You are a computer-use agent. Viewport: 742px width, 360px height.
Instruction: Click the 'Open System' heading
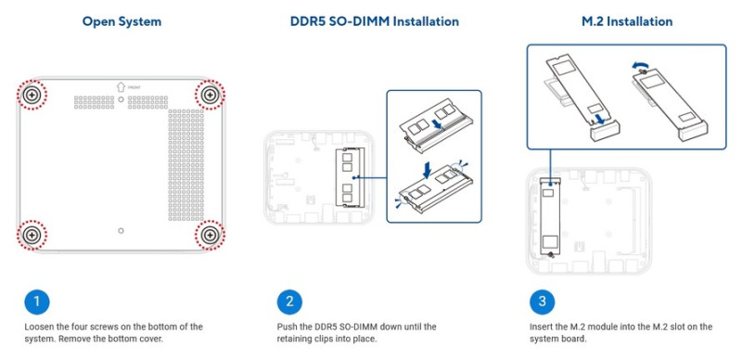pyautogui.click(x=122, y=21)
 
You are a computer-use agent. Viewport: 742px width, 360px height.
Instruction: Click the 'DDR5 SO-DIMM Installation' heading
pyautogui.click(x=375, y=21)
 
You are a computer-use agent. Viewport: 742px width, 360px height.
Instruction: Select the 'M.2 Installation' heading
pyautogui.click(x=627, y=21)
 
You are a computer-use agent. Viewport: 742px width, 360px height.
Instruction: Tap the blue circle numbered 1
pyautogui.click(x=36, y=302)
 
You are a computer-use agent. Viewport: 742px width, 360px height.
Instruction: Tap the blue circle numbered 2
pyautogui.click(x=289, y=302)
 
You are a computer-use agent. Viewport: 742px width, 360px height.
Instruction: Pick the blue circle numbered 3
pyautogui.click(x=542, y=302)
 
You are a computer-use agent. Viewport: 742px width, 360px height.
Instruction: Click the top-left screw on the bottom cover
pyautogui.click(x=32, y=96)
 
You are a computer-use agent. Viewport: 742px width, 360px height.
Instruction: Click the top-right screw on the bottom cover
pyautogui.click(x=210, y=96)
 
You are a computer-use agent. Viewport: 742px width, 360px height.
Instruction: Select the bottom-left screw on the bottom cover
pyautogui.click(x=32, y=235)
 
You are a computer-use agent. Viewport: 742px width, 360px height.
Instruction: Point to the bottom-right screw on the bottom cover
pyautogui.click(x=210, y=235)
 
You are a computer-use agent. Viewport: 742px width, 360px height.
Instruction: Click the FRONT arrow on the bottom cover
pyautogui.click(x=121, y=86)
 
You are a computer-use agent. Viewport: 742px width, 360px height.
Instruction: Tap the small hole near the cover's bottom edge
pyautogui.click(x=121, y=230)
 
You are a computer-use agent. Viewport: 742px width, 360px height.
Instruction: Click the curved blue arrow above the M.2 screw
pyautogui.click(x=638, y=66)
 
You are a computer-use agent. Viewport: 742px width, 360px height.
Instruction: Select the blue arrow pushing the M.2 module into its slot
pyautogui.click(x=598, y=119)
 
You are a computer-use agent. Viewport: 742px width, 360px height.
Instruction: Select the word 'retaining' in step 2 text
pyautogui.click(x=293, y=340)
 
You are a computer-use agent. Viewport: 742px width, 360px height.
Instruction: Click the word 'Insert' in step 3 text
pyautogui.click(x=540, y=327)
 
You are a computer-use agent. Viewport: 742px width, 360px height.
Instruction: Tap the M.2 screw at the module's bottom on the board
pyautogui.click(x=551, y=255)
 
